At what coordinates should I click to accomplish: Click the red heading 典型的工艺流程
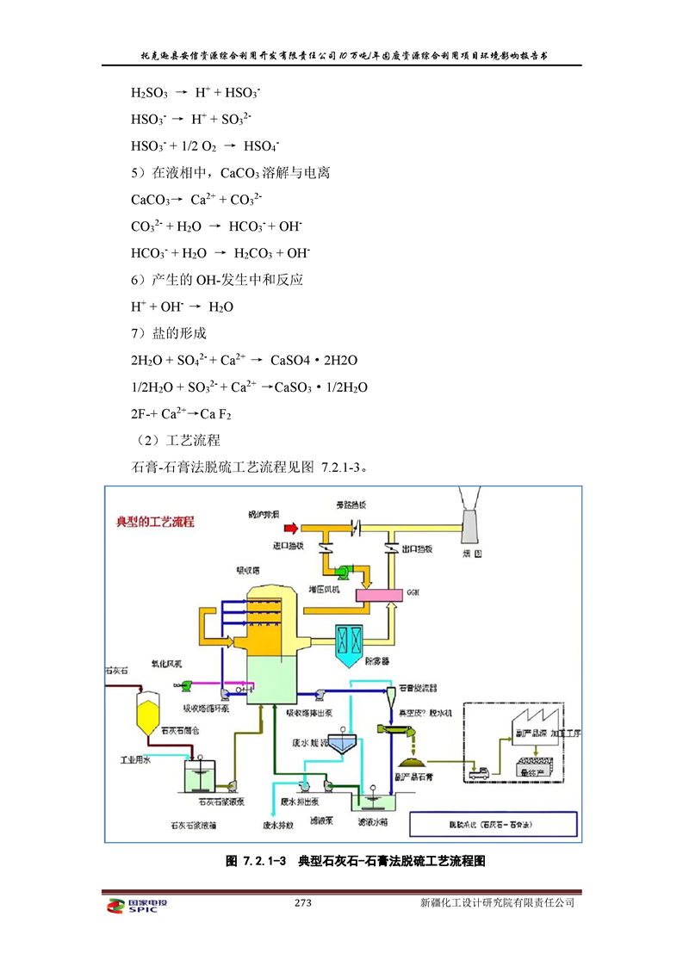tap(155, 522)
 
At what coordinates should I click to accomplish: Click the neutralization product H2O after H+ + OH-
tap(221, 307)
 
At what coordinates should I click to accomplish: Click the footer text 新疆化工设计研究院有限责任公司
tap(497, 903)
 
